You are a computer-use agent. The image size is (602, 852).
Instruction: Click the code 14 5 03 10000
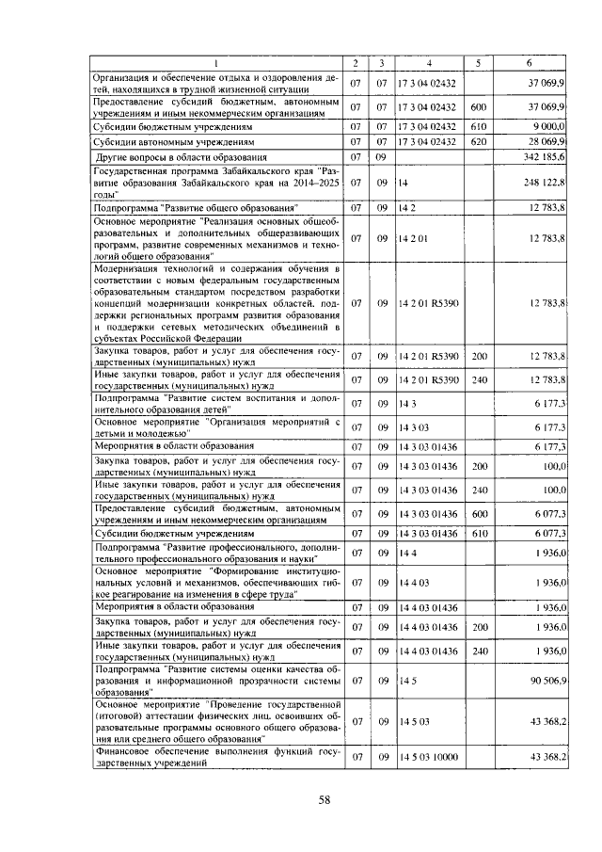429,758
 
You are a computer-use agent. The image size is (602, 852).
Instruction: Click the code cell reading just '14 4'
406,555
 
